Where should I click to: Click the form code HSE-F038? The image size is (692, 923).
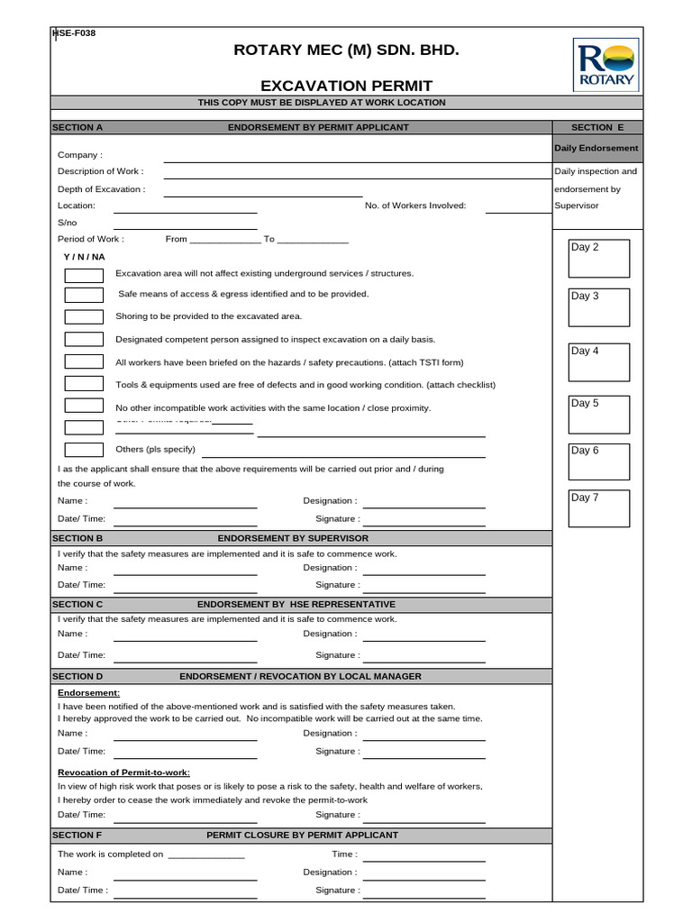point(76,33)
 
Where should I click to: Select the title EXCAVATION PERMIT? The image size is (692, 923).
point(346,86)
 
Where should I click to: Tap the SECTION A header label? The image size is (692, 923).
point(77,127)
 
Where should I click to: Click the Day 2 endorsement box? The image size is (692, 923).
point(599,259)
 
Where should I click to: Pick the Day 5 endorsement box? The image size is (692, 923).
point(599,414)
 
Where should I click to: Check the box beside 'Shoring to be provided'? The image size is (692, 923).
point(84,316)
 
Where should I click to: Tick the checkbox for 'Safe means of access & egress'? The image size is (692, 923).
point(84,295)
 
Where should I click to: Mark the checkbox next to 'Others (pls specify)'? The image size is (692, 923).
point(84,449)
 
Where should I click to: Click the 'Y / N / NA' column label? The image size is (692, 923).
point(84,257)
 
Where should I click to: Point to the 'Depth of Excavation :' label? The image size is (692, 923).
point(101,189)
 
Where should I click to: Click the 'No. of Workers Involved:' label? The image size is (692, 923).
point(415,206)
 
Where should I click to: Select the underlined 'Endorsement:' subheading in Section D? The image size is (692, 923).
point(89,693)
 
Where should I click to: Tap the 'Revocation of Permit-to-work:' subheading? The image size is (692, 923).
point(123,772)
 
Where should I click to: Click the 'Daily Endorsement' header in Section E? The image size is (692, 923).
point(596,148)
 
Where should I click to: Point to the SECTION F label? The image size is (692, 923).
point(77,835)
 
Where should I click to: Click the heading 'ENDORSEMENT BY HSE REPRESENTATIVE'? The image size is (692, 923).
point(296,604)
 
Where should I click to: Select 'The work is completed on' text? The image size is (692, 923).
point(110,854)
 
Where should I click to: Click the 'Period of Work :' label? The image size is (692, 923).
point(91,239)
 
